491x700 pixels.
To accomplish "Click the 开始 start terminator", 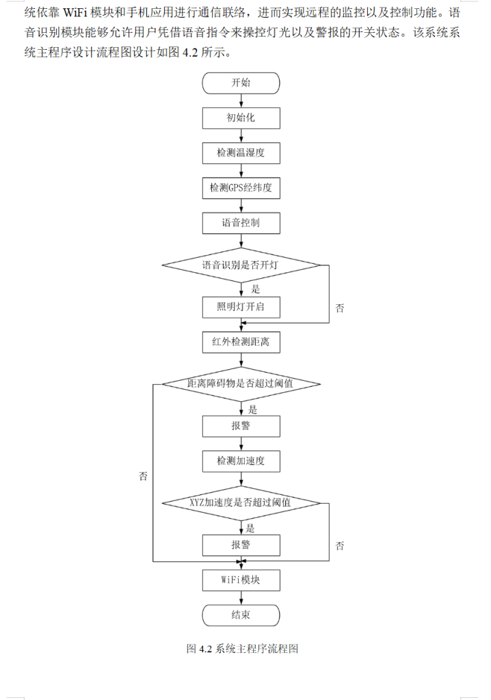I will [x=241, y=83].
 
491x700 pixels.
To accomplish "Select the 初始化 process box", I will [x=241, y=118].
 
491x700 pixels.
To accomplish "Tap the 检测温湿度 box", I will [x=241, y=152].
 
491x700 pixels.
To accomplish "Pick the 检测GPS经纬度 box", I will [x=241, y=187].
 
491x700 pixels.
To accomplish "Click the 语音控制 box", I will [x=241, y=222].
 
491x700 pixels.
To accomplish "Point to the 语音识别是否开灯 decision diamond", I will [x=241, y=265].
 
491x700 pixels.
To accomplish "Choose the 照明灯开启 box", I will [x=241, y=308].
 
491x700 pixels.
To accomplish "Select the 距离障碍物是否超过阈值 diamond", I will [x=241, y=383].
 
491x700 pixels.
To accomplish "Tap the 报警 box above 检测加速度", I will [x=241, y=426].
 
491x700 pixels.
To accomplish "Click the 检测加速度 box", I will [x=241, y=461].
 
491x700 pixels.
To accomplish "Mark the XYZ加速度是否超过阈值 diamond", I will [x=241, y=503].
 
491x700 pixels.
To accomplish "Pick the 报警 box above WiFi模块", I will [x=241, y=545].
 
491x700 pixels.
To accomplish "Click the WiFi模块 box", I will [x=241, y=580].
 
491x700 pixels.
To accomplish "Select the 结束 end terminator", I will [x=241, y=615].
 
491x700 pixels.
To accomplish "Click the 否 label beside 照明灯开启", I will [x=340, y=308].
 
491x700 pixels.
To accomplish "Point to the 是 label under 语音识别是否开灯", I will [x=256, y=288].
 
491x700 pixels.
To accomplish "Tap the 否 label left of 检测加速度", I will [x=143, y=476].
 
